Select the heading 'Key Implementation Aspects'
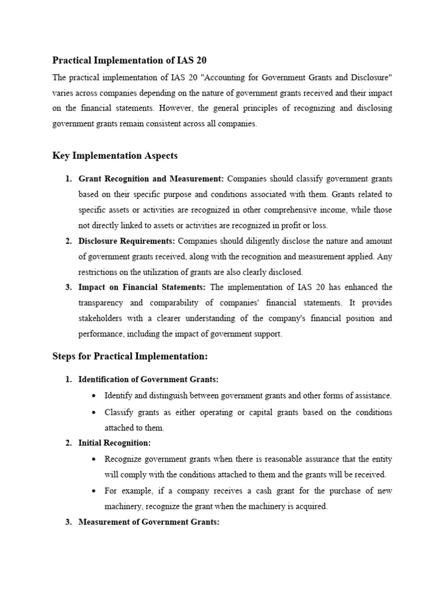(115, 156)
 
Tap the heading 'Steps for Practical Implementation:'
(130, 356)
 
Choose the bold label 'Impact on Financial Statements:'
(142, 287)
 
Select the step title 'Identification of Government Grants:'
(148, 379)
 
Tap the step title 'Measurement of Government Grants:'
(149, 522)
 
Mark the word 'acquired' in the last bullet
(310, 506)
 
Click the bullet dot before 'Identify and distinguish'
(94, 396)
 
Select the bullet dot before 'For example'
(94, 490)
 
